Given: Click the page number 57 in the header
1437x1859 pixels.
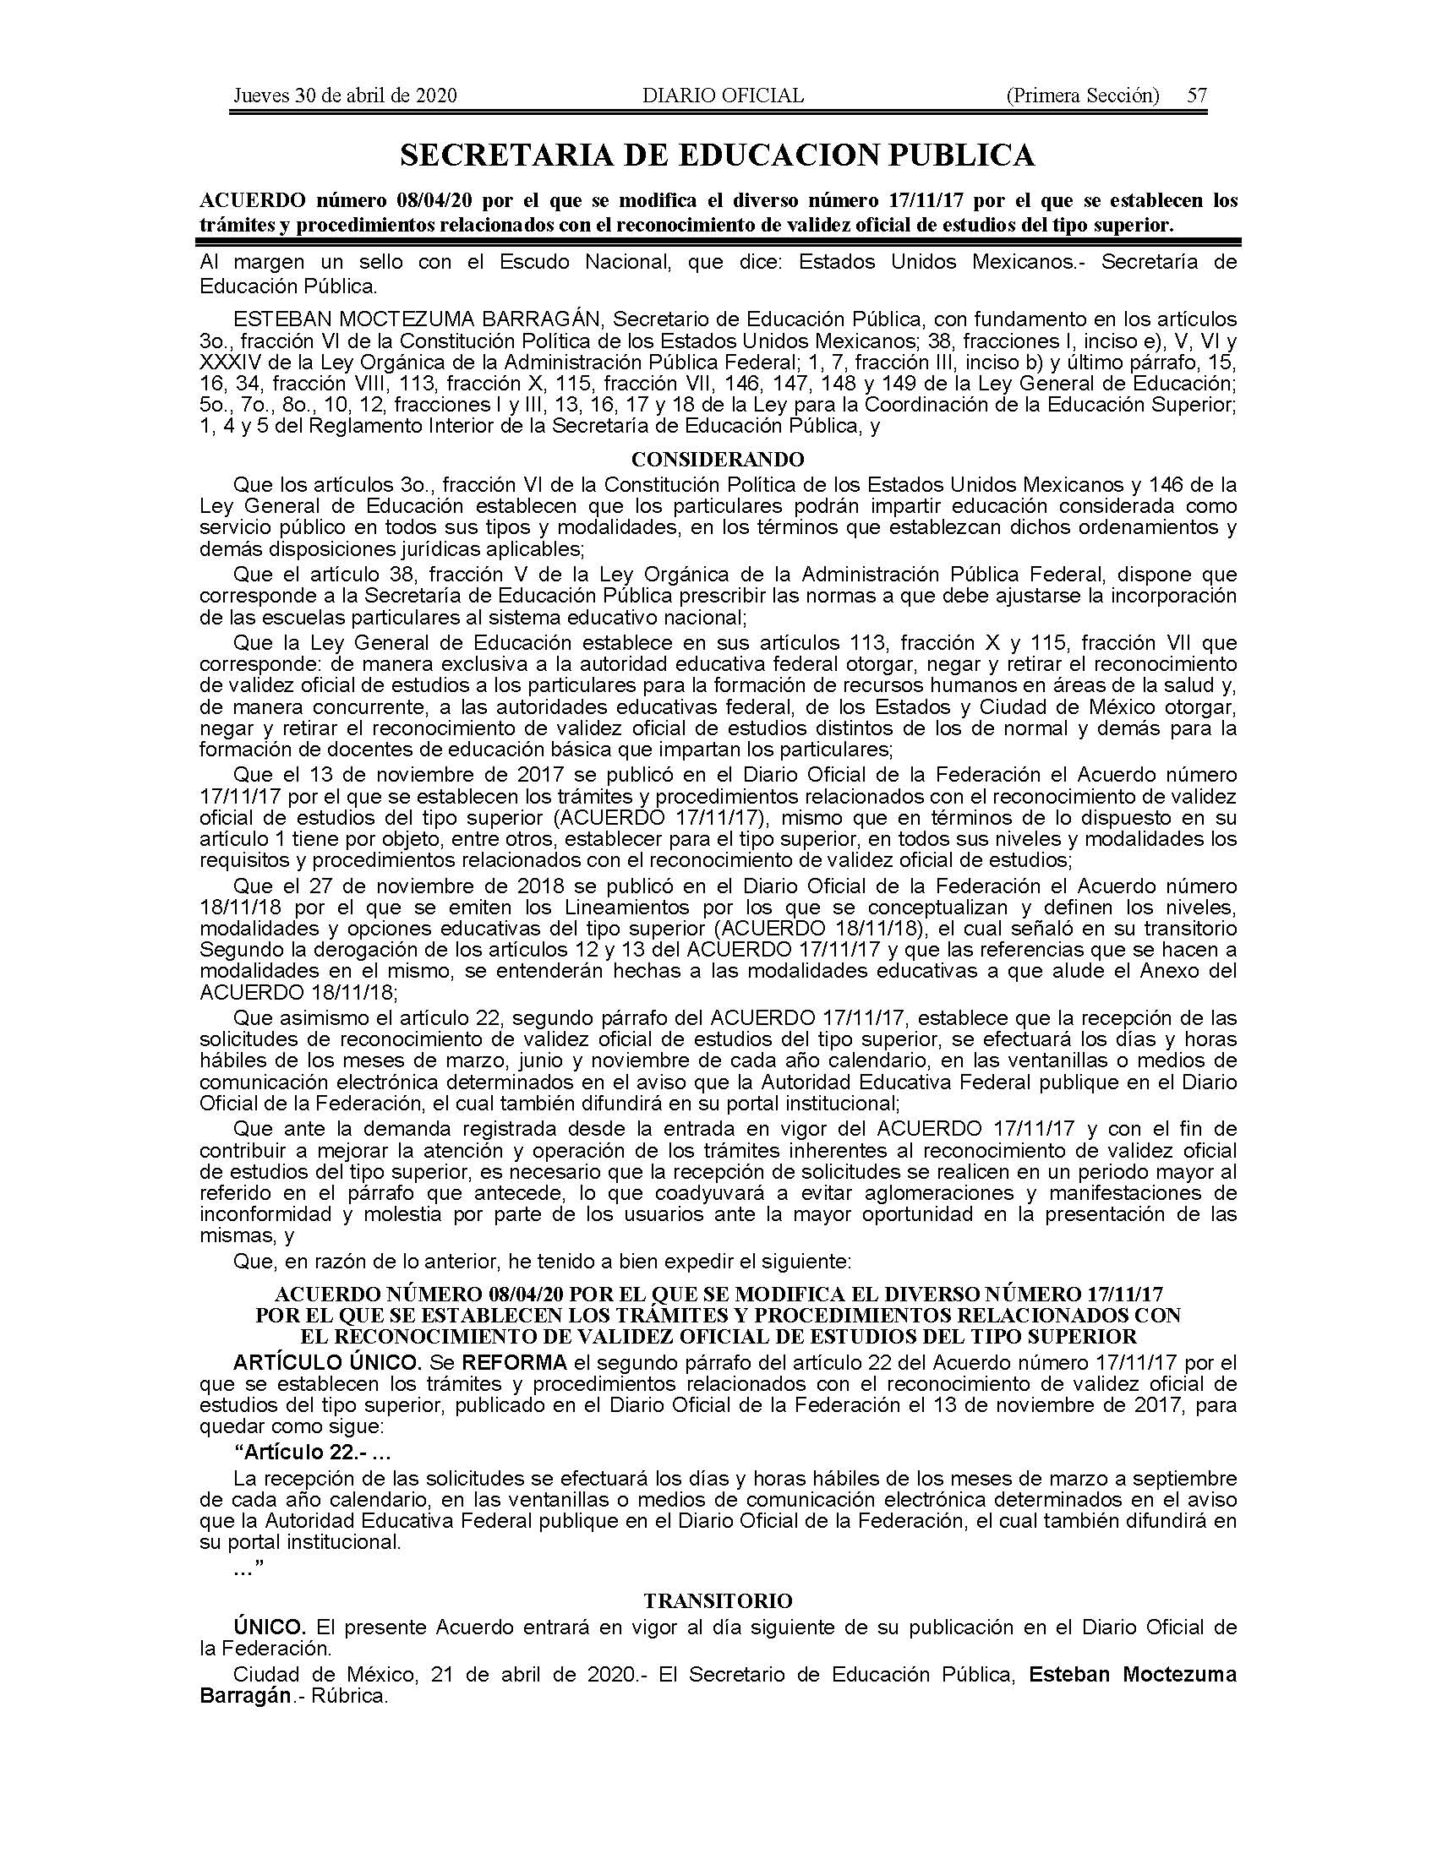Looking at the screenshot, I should coord(1197,95).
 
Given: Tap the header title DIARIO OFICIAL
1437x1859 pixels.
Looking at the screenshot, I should coord(723,95).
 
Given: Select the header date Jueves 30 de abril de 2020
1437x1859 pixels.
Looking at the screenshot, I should coord(345,95).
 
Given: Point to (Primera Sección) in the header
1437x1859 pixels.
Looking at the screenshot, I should coord(1082,95).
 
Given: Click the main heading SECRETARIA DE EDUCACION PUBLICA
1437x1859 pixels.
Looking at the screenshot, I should coord(718,155).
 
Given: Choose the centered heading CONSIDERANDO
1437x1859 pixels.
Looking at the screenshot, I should coord(718,460).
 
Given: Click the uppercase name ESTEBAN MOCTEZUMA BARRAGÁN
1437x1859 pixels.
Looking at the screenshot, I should coord(418,319).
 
